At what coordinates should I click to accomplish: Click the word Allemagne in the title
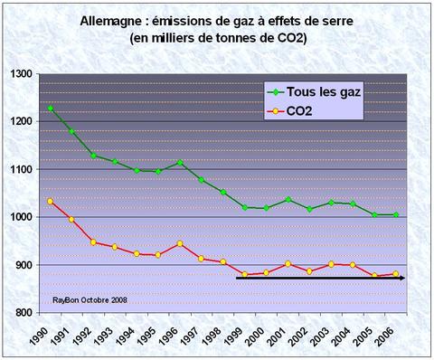point(113,20)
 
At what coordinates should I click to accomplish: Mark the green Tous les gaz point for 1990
point(51,109)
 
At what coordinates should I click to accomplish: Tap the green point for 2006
point(394,214)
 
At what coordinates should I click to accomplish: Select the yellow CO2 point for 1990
point(51,201)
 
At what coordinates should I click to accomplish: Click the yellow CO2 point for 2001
point(288,264)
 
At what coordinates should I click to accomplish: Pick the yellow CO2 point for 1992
point(94,242)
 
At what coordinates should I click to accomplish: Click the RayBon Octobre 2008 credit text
point(91,298)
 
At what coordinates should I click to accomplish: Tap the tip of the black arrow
point(404,278)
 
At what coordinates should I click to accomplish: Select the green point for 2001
point(288,200)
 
